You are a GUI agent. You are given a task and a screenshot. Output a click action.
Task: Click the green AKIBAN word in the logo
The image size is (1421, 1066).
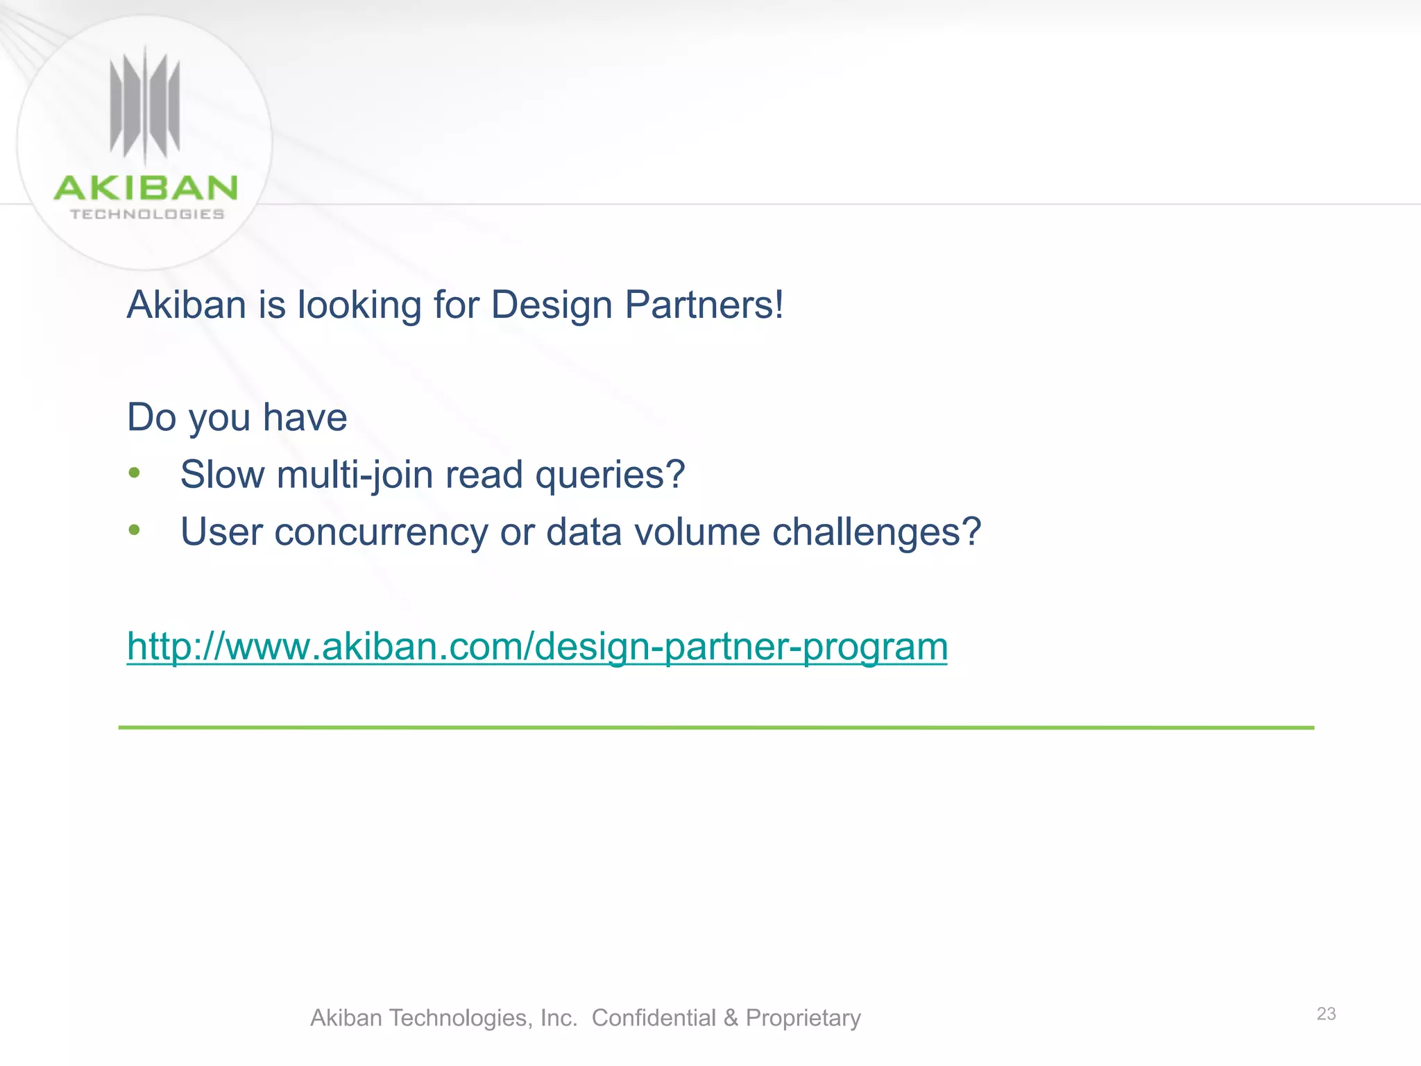tap(146, 188)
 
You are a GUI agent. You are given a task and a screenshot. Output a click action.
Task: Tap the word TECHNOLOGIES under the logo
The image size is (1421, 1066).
tap(147, 214)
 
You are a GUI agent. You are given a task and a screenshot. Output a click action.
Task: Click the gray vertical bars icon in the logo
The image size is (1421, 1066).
tap(145, 105)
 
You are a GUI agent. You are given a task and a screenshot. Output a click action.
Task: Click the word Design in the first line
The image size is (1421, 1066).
tap(552, 305)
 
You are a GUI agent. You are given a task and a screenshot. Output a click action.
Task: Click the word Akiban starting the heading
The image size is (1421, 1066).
tap(187, 305)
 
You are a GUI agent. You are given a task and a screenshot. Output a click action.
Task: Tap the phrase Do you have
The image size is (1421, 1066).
tap(237, 418)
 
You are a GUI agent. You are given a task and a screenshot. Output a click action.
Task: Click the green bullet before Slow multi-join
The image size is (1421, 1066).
tap(135, 473)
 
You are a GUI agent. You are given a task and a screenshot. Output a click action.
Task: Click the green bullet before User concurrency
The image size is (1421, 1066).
tap(135, 530)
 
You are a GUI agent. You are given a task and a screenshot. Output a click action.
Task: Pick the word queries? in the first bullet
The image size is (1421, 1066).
tap(609, 475)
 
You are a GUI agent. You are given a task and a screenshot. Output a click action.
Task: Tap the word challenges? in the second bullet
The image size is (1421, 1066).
tap(876, 532)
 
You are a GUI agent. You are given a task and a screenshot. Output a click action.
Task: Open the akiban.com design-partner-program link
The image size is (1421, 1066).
tap(537, 647)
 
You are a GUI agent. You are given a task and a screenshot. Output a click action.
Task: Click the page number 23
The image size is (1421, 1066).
tap(1326, 1014)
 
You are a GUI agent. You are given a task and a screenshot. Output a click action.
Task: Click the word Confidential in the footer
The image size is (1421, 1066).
tap(653, 1018)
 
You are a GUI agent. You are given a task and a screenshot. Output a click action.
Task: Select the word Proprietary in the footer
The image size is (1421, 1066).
tap(803, 1018)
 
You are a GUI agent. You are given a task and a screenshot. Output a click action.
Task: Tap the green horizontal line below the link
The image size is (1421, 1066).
tap(716, 727)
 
